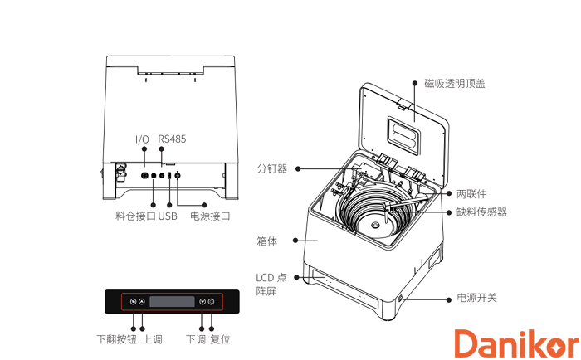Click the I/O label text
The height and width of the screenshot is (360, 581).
[143, 139]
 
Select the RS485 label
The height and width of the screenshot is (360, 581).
[172, 139]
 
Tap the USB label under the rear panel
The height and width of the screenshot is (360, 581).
[168, 216]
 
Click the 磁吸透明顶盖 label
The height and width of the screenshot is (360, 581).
[454, 83]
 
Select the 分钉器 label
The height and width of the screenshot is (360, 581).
[271, 168]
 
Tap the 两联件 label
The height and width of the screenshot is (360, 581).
[471, 193]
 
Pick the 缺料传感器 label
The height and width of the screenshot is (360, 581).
[481, 212]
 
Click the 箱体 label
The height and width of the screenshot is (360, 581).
[267, 241]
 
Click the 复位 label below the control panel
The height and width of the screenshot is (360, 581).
[220, 339]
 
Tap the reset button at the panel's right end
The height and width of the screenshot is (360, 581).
[212, 302]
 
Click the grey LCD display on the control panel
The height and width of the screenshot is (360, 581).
[172, 302]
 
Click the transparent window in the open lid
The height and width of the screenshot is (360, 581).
[407, 129]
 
